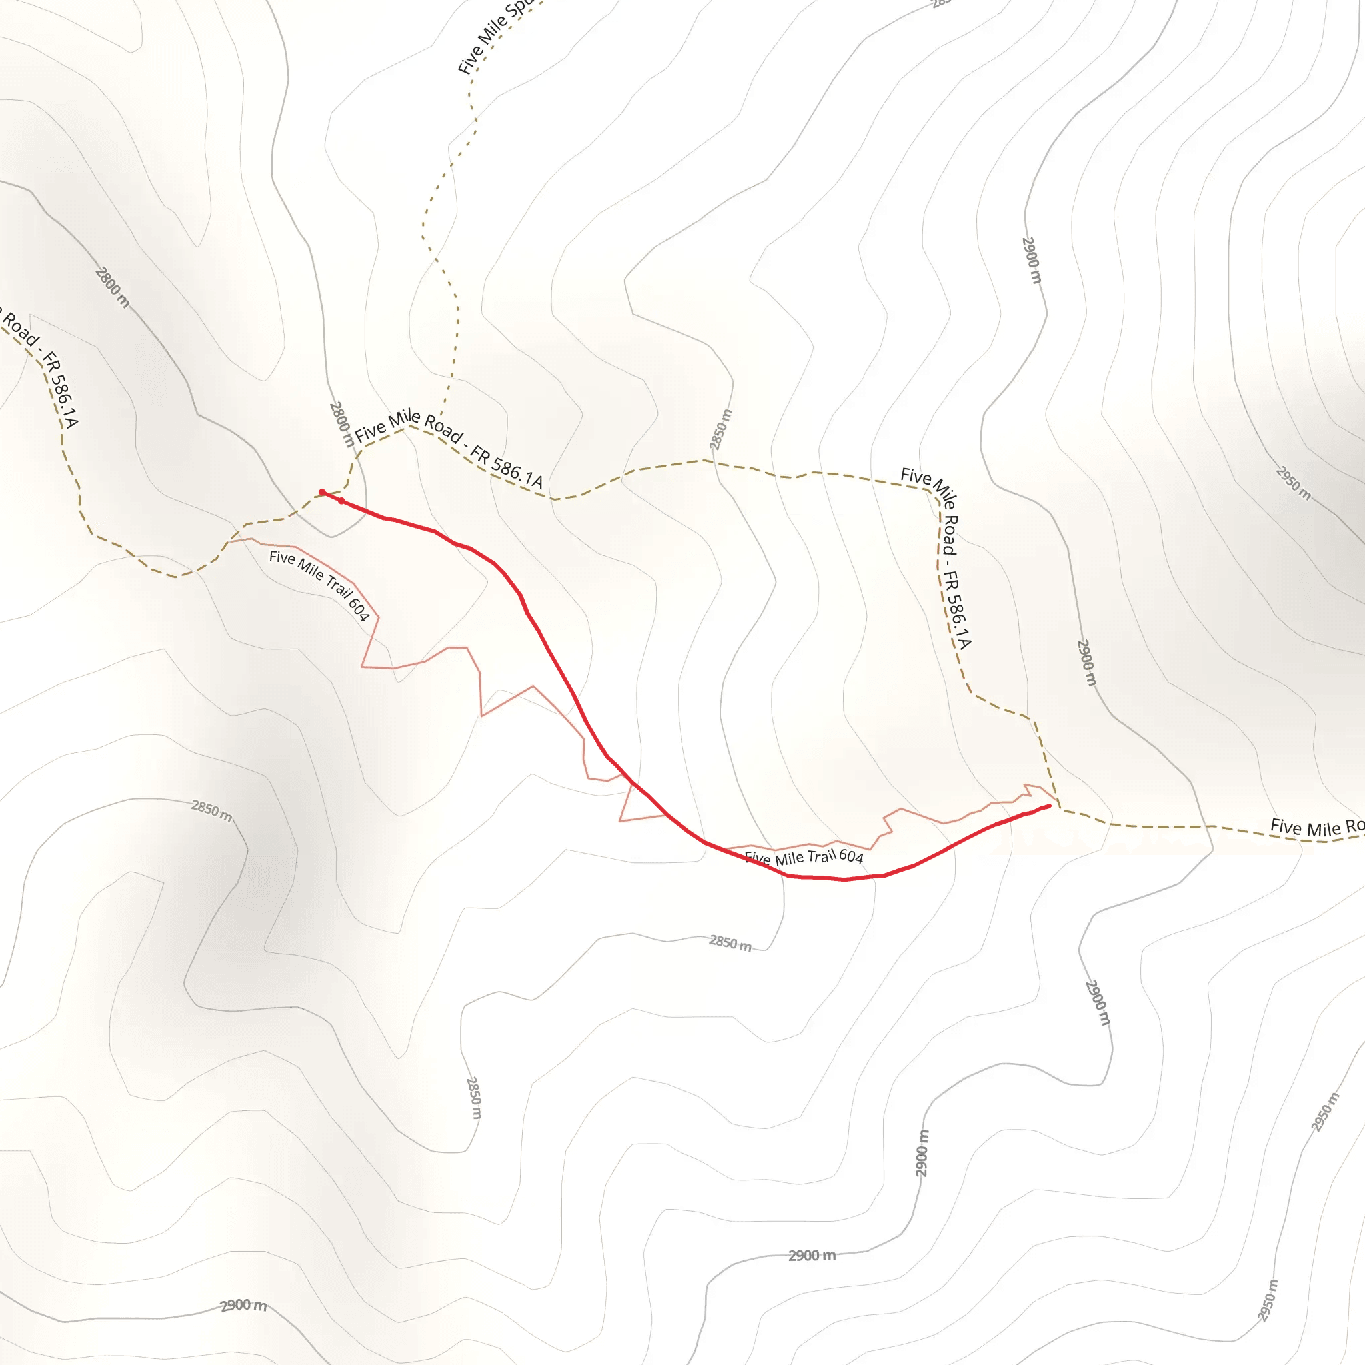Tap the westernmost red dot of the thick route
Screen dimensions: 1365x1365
click(x=321, y=492)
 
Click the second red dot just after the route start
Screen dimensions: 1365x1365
click(x=341, y=501)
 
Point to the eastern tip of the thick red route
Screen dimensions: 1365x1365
click(x=1049, y=805)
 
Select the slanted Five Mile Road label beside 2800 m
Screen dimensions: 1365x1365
click(x=449, y=447)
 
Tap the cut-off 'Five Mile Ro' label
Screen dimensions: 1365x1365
click(x=1316, y=827)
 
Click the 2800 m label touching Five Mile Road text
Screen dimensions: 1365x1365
click(x=341, y=424)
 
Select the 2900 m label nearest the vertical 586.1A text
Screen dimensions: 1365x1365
click(x=1086, y=662)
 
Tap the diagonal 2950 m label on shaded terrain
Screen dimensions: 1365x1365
click(x=1293, y=483)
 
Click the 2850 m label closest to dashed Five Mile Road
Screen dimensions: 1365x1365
click(x=720, y=429)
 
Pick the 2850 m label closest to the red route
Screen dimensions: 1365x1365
click(x=730, y=942)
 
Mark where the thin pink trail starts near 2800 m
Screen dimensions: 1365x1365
click(x=231, y=541)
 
